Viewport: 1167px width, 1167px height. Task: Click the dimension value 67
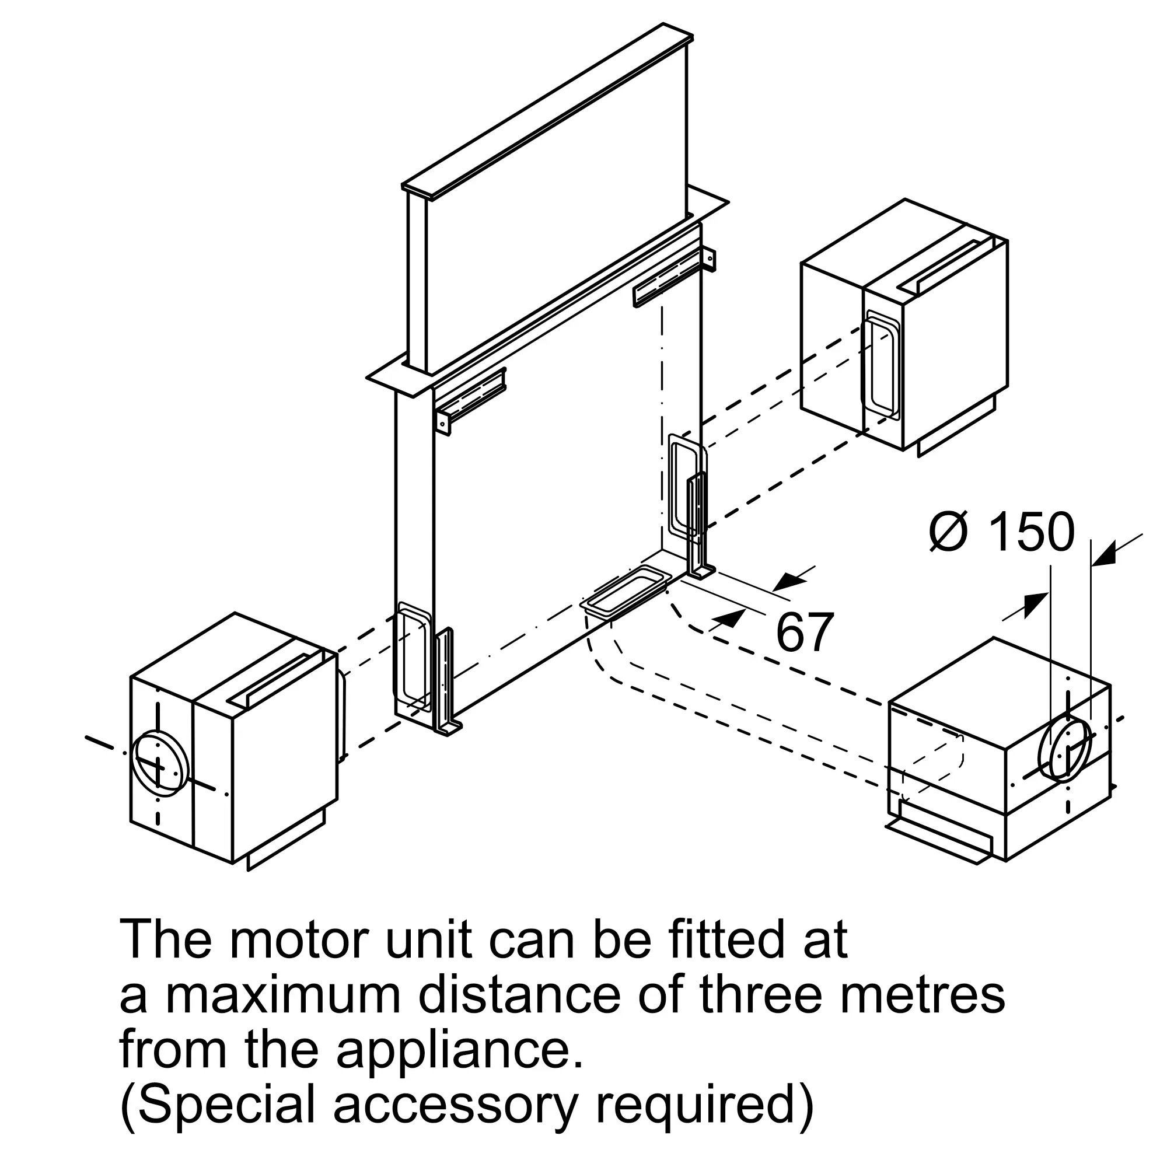[x=805, y=633]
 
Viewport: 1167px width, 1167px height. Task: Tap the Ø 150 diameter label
[x=1002, y=532]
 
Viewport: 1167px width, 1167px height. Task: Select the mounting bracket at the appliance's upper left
[x=470, y=400]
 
